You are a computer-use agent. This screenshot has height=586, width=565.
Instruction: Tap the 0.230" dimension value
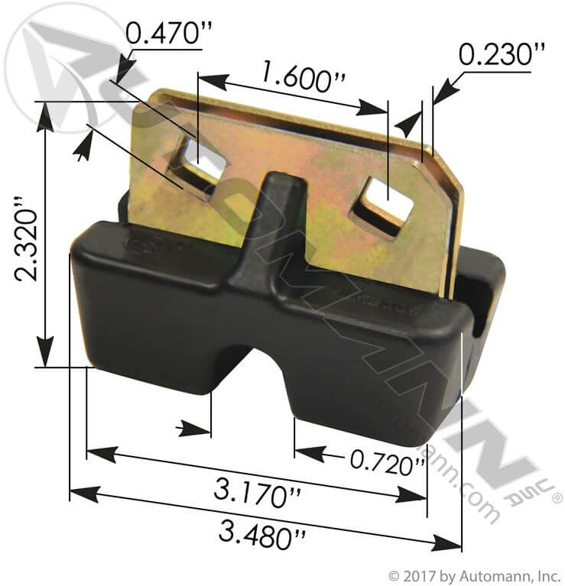pos(502,54)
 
